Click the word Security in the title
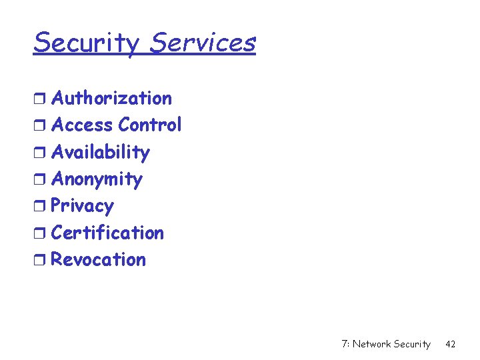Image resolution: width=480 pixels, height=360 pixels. coord(87,43)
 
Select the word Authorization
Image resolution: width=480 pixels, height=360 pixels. coord(111,98)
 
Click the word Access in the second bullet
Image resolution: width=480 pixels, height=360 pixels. coord(82,125)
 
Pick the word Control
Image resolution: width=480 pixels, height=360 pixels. coord(150,125)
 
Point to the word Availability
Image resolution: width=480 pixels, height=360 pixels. coord(101,153)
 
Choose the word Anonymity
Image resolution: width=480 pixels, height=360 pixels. coord(97,179)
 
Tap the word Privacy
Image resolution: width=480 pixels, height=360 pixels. coord(82,206)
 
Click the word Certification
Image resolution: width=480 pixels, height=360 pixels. coord(107,233)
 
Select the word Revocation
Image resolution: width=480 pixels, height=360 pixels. coord(98,259)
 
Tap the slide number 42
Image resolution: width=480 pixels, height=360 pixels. coord(450,344)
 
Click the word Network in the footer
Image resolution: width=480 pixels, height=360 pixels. coord(371,344)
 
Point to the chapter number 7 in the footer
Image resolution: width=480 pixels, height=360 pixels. coord(344,344)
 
